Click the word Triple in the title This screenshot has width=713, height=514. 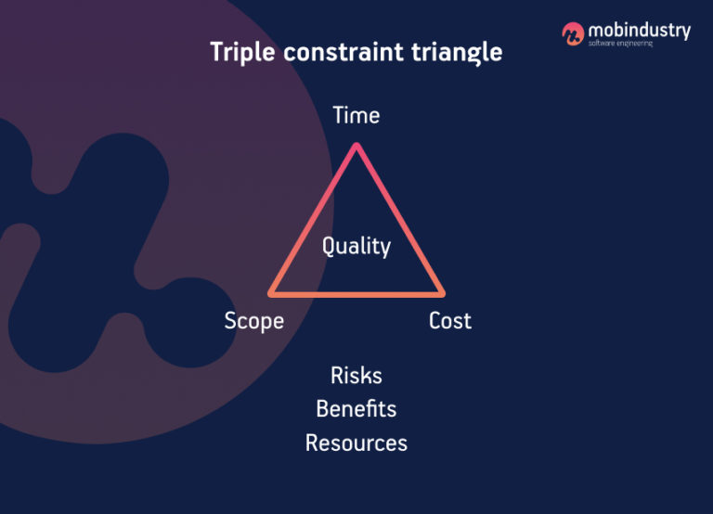pyautogui.click(x=242, y=52)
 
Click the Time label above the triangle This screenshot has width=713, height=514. pyautogui.click(x=356, y=116)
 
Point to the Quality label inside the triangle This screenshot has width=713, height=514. pyautogui.click(x=356, y=246)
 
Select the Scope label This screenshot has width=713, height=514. pyautogui.click(x=253, y=321)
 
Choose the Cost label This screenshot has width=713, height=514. pyautogui.click(x=450, y=321)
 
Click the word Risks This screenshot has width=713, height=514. pyautogui.click(x=356, y=376)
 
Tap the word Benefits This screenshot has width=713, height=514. pyautogui.click(x=356, y=409)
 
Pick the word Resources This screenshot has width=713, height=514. pyautogui.click(x=356, y=443)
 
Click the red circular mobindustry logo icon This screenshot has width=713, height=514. pyautogui.click(x=573, y=33)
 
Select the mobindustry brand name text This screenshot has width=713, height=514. pyautogui.click(x=639, y=31)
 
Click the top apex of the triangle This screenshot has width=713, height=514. pyautogui.click(x=356, y=146)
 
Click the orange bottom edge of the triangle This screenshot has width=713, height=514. pyautogui.click(x=356, y=294)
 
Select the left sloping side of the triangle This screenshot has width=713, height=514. pyautogui.click(x=314, y=220)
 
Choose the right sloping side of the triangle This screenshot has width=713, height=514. pyautogui.click(x=399, y=220)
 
